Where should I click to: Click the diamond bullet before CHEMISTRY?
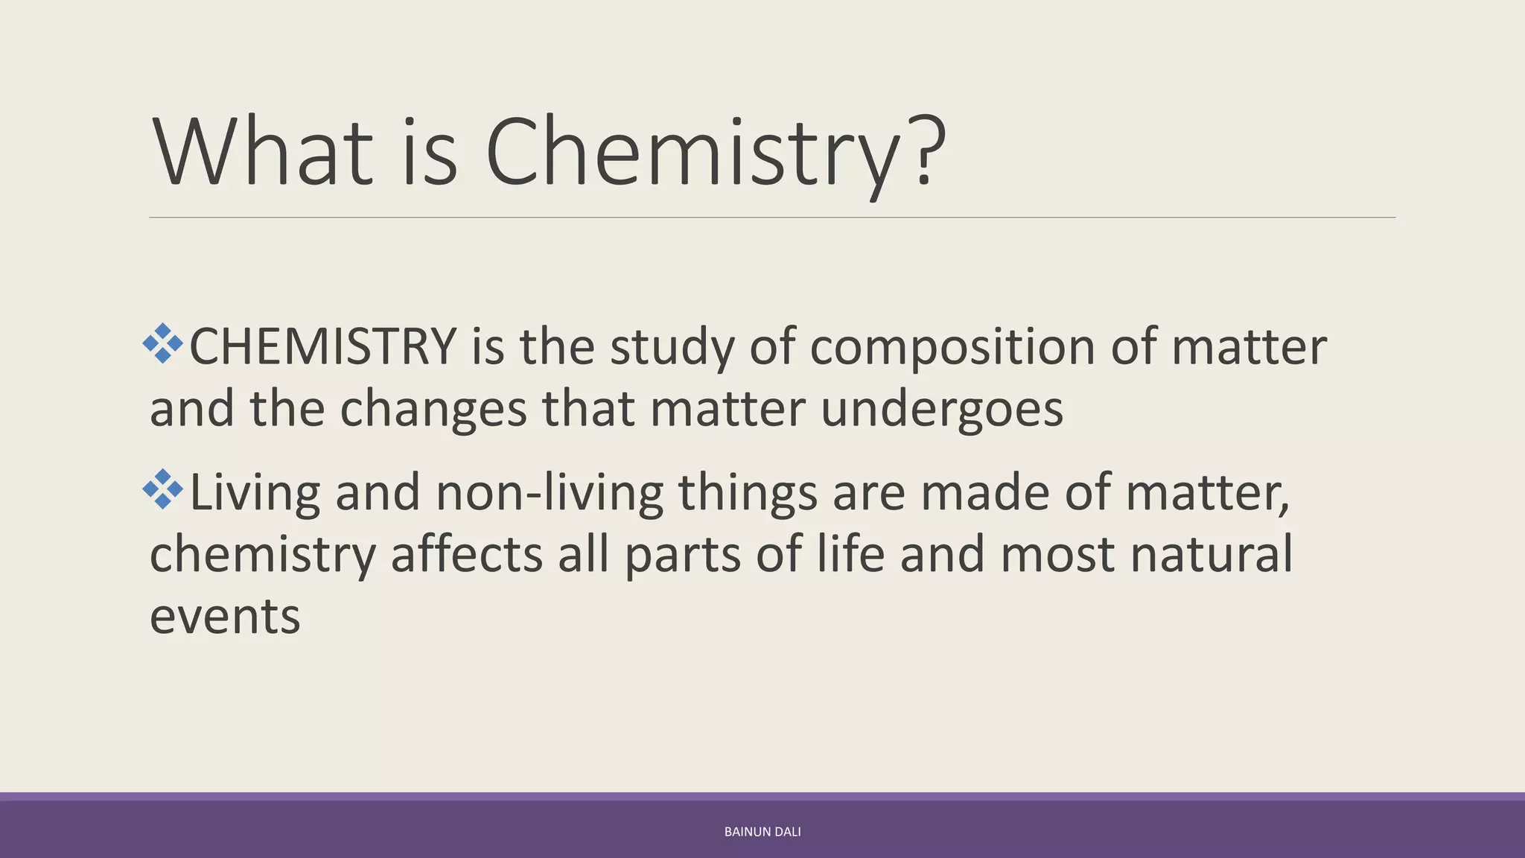point(163,343)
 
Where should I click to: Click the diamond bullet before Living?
point(163,489)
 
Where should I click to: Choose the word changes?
point(433,409)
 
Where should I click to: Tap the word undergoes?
point(941,410)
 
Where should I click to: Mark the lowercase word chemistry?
point(263,556)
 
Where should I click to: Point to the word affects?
point(466,554)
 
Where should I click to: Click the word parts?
point(682,556)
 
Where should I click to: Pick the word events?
point(225,617)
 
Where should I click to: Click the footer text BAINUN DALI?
point(762,832)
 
